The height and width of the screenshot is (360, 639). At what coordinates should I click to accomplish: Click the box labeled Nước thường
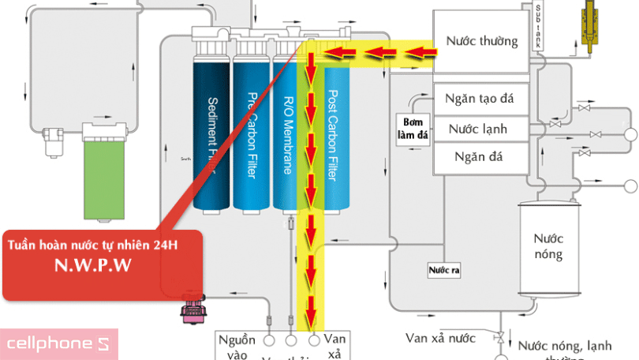point(481,40)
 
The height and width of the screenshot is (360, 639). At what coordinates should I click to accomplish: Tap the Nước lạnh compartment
point(478,129)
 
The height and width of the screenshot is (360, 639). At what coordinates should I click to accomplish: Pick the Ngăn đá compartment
point(479,156)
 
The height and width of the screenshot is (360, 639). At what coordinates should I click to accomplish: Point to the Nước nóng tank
point(547,246)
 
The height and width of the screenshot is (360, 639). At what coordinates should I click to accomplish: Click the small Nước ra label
point(444,271)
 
